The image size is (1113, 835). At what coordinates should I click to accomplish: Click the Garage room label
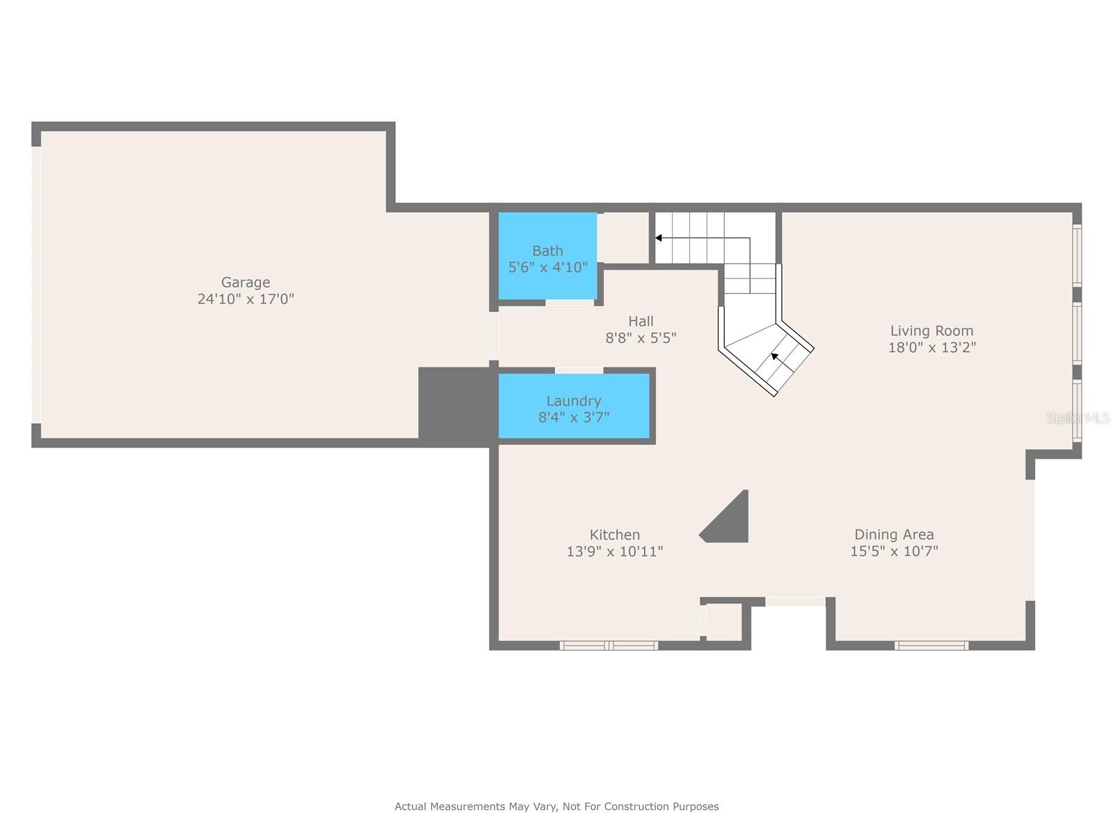pos(246,282)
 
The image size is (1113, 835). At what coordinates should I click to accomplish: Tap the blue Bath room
pos(547,255)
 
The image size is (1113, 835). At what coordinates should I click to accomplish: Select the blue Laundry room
pos(574,406)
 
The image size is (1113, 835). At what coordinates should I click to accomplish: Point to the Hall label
pos(641,321)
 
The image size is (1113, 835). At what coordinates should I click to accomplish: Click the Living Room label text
pos(932,331)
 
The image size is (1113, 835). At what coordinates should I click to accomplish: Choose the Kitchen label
pos(614,534)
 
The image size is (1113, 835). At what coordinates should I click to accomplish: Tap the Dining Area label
pos(894,534)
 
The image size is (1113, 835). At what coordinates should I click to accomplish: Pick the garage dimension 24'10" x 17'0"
pos(246,299)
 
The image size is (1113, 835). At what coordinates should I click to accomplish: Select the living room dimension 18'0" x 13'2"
pos(932,347)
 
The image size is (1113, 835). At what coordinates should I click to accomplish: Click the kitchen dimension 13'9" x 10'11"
pos(614,551)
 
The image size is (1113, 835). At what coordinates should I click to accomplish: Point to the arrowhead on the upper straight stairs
pos(659,238)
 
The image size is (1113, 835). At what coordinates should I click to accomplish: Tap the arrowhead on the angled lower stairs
pos(774,356)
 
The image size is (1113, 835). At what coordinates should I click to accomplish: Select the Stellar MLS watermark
pos(1078,417)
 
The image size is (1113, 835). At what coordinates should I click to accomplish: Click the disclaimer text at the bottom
pos(556,806)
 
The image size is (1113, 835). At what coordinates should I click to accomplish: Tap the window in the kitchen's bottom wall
pos(609,646)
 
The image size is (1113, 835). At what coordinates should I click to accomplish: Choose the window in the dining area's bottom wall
pos(931,646)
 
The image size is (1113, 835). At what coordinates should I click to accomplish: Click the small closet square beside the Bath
pos(626,238)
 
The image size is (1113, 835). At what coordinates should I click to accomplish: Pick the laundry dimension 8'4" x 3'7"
pos(574,417)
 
